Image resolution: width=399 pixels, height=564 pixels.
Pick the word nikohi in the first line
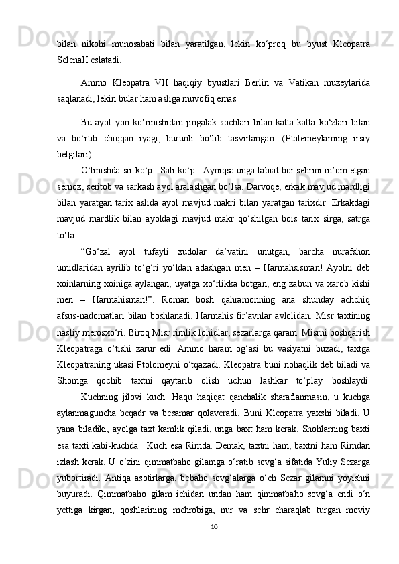tap(94, 43)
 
